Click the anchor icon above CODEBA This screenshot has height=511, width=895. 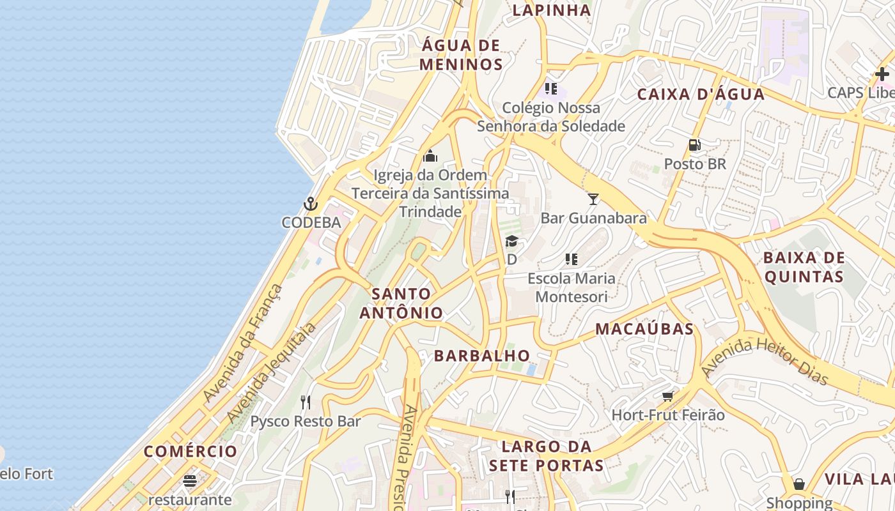point(310,204)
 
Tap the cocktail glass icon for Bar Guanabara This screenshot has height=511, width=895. point(593,199)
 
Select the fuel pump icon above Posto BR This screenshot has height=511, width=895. point(695,145)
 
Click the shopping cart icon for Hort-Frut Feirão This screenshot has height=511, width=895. point(668,396)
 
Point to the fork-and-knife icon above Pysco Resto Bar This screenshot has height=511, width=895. point(306,402)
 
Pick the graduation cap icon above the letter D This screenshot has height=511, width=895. point(511,241)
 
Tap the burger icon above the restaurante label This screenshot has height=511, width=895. point(190,480)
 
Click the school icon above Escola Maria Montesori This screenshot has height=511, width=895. point(572,259)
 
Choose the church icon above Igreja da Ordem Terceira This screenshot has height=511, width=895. point(430,156)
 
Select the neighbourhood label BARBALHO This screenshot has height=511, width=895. point(482,356)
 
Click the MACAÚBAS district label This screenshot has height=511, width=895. point(644,329)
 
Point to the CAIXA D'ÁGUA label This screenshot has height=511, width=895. point(701,95)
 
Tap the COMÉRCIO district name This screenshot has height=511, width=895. point(191,452)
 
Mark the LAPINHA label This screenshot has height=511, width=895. point(552,10)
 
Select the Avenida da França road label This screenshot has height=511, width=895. point(243,343)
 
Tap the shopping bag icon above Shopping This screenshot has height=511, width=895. point(799,484)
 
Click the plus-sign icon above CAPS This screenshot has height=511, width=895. point(882,74)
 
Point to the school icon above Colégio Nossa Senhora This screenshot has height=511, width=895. point(551,88)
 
